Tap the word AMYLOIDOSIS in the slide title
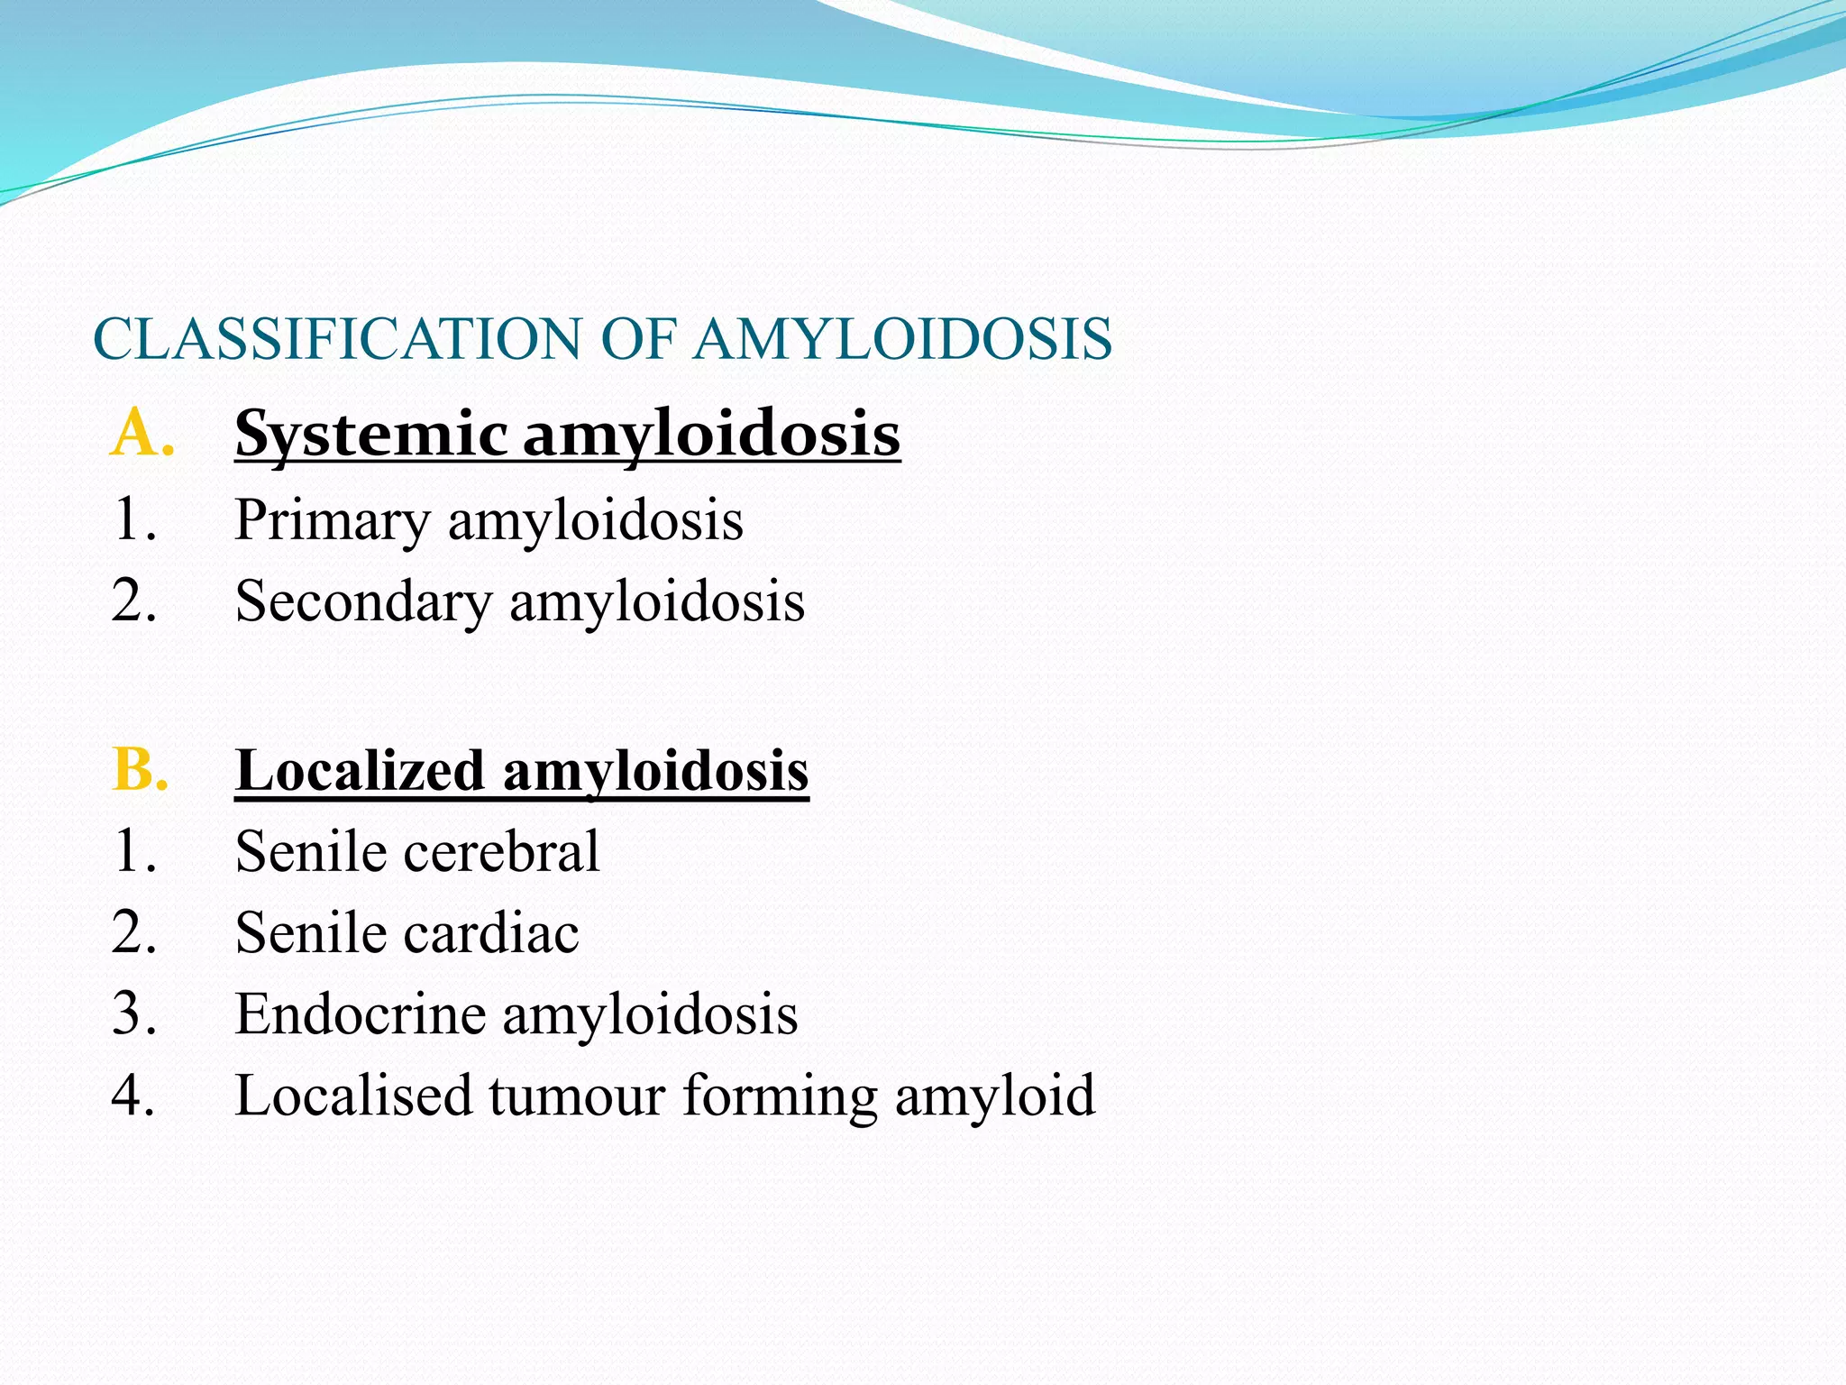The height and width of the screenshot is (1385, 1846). tap(904, 340)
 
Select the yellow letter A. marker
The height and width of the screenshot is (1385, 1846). tap(142, 434)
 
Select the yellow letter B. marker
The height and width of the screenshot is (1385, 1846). tap(141, 771)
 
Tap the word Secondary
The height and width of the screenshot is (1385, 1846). tap(363, 601)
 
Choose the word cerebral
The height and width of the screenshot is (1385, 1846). tap(501, 852)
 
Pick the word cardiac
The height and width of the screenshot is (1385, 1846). tap(490, 933)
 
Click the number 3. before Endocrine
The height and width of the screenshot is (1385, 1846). tap(133, 1014)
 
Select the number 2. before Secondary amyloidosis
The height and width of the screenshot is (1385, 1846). tap(133, 601)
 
